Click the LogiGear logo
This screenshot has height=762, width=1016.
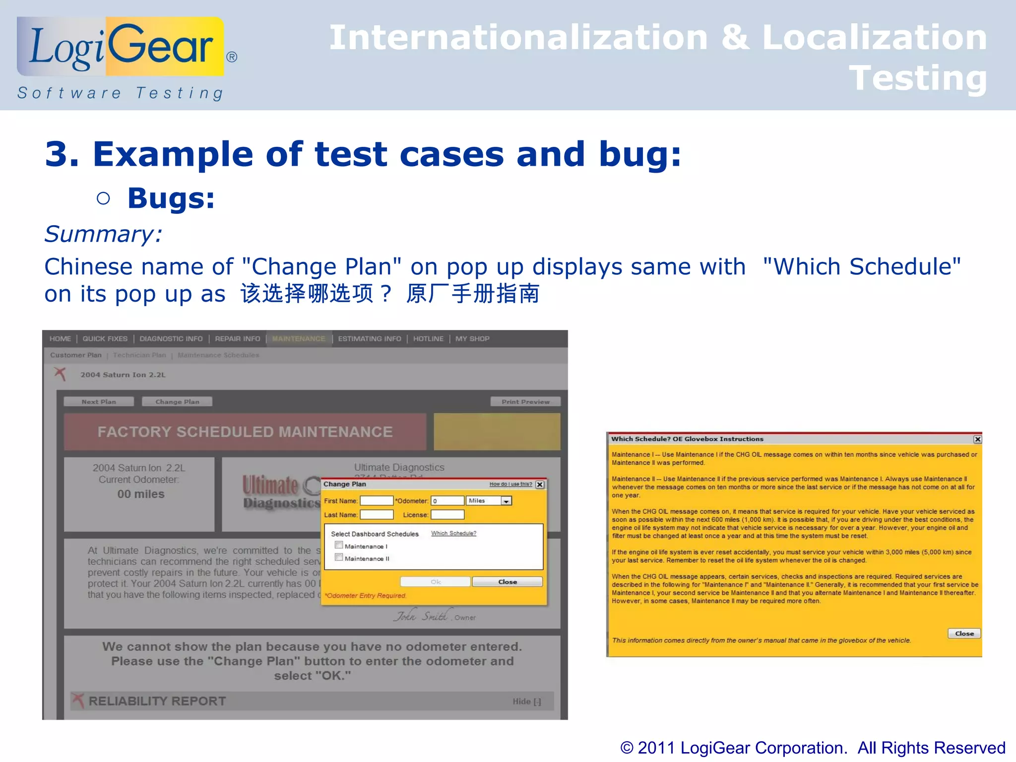tap(121, 47)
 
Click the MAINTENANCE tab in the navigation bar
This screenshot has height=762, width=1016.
tap(299, 339)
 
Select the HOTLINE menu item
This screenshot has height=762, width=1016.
tap(428, 339)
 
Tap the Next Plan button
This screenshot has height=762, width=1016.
tap(99, 402)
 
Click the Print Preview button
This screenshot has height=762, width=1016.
tap(525, 402)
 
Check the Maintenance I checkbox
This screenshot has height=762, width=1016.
tap(339, 545)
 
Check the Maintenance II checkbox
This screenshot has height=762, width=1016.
tap(339, 558)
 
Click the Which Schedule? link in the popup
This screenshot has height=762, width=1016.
tap(453, 533)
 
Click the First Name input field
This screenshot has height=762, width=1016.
tap(377, 501)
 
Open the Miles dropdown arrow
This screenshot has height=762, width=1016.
tap(506, 501)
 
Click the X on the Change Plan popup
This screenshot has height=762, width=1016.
tap(540, 485)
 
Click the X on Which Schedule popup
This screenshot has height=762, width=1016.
tap(977, 439)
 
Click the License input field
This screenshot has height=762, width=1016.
tap(447, 515)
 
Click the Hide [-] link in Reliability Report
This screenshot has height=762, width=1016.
tap(526, 701)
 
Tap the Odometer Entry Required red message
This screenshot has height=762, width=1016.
tap(366, 596)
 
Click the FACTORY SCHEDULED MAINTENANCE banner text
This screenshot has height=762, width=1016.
tap(245, 432)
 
